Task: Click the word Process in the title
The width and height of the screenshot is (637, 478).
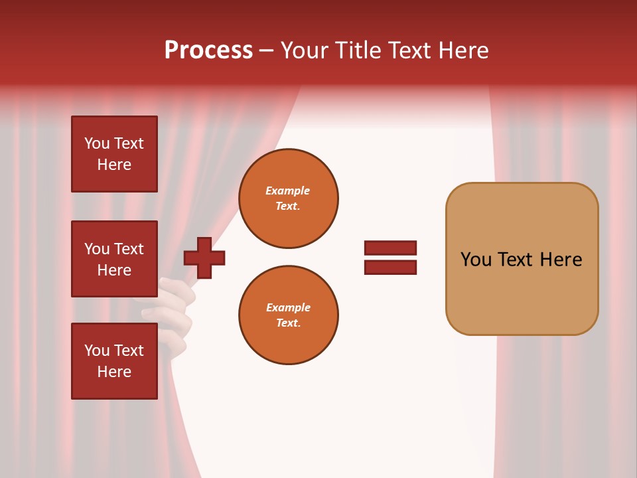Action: (208, 50)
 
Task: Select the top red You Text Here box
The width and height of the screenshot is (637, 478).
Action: (114, 154)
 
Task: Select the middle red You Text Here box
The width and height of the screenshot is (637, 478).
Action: (114, 260)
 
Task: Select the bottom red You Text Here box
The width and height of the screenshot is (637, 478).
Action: (114, 361)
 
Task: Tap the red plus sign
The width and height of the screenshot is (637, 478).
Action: (204, 258)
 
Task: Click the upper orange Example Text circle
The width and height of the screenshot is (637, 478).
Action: (288, 198)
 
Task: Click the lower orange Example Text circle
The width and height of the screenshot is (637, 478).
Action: (288, 315)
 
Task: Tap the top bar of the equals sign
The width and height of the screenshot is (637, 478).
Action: (390, 248)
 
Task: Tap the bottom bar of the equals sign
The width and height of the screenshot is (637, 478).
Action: (390, 267)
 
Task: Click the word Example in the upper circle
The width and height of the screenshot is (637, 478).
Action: (287, 191)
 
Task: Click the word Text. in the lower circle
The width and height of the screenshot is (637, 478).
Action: (288, 323)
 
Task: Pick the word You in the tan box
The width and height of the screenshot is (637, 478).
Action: (476, 260)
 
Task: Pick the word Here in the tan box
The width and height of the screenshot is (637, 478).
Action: (561, 260)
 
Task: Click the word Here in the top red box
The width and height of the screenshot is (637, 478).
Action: (114, 165)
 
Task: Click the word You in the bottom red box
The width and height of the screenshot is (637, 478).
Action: (97, 351)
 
